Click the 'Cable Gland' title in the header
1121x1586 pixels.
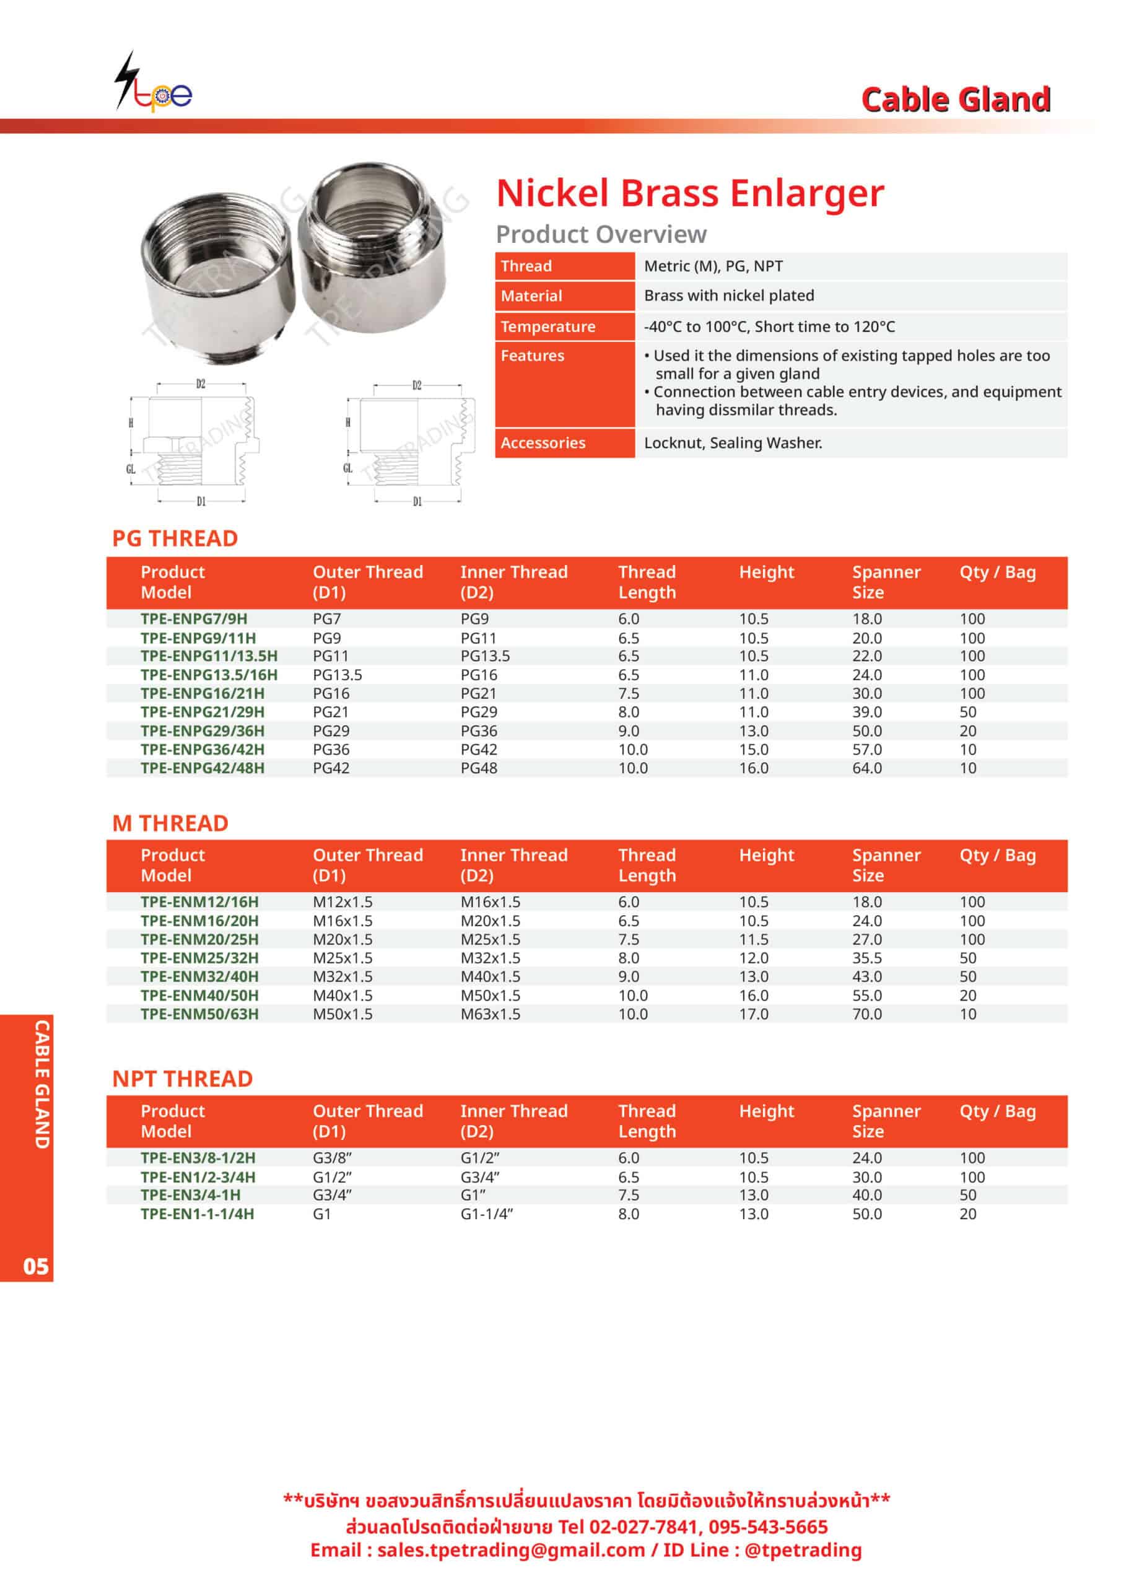tap(955, 100)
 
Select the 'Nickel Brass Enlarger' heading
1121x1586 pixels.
tap(689, 193)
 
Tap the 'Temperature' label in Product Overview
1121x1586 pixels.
tap(547, 326)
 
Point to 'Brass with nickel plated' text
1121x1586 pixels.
tap(729, 296)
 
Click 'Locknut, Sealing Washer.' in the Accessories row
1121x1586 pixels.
tap(733, 443)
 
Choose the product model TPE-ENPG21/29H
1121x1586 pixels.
tap(202, 712)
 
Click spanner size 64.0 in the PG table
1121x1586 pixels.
tap(867, 768)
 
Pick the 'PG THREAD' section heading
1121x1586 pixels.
tap(175, 538)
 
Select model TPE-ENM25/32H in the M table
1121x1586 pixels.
tap(199, 958)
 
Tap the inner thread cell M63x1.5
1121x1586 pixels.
tap(491, 1014)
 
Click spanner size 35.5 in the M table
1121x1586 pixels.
tap(867, 958)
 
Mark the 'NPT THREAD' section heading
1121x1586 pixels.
tap(182, 1078)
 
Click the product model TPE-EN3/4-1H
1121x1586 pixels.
tap(191, 1195)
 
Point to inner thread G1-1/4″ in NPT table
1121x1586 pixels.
tap(486, 1214)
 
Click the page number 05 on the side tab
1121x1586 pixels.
tap(36, 1266)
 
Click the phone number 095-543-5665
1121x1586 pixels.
tap(768, 1527)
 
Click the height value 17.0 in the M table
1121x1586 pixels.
tap(754, 1014)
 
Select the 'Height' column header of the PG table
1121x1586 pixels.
tap(767, 572)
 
